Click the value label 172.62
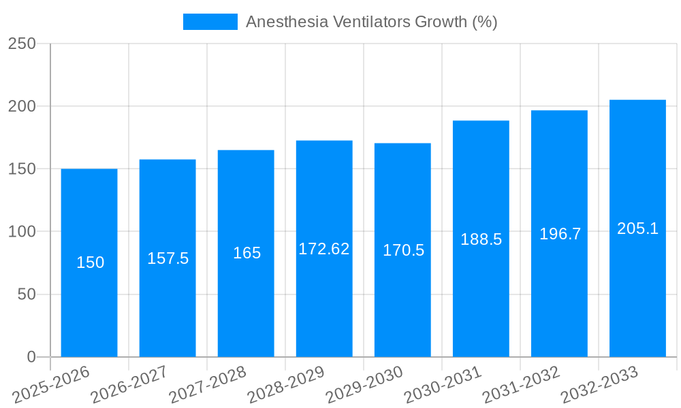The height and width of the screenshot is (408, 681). [x=324, y=249]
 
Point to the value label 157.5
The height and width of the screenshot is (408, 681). [x=168, y=258]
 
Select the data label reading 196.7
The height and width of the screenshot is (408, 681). [x=560, y=234]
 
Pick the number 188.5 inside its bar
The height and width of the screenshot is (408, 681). [x=481, y=239]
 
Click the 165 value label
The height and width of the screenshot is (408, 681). [x=247, y=253]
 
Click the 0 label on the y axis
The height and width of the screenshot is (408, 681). [x=31, y=357]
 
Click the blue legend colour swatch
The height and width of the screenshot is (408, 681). [x=210, y=22]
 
